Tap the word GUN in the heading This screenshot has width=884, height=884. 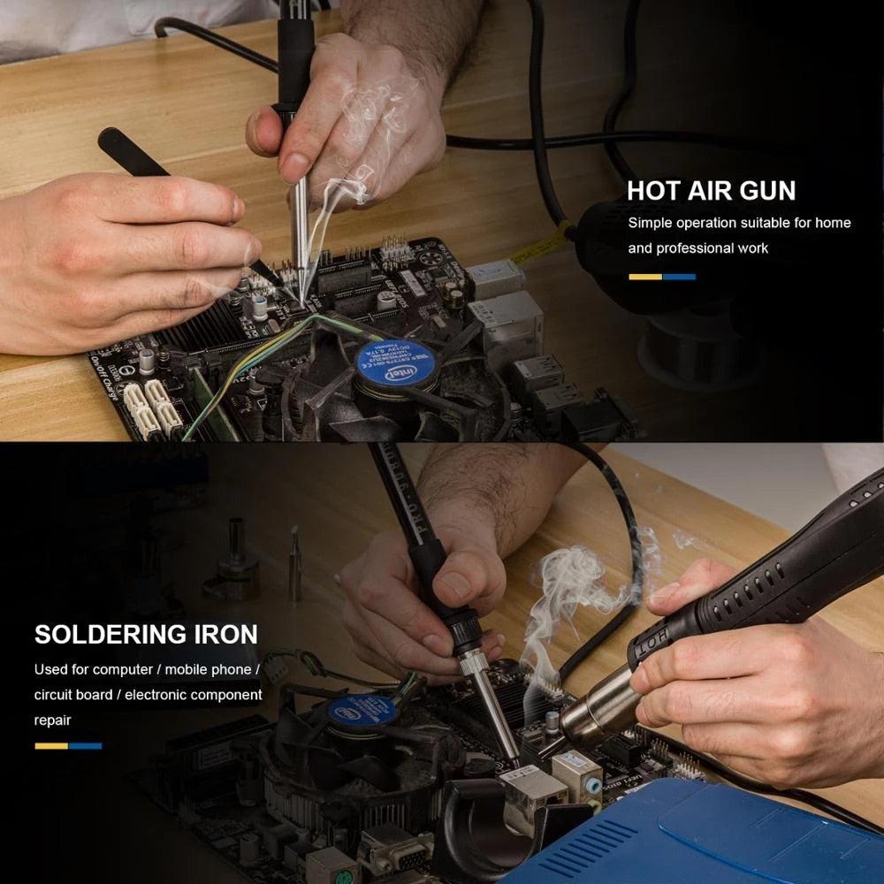765,190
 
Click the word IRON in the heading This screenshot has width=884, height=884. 225,634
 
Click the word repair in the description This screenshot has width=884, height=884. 52,720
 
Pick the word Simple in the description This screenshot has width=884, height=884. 651,223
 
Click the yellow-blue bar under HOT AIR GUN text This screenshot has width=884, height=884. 662,277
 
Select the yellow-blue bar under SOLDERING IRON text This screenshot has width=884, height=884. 68,746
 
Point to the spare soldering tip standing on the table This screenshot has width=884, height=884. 294,566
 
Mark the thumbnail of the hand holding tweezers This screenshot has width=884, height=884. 232,210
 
